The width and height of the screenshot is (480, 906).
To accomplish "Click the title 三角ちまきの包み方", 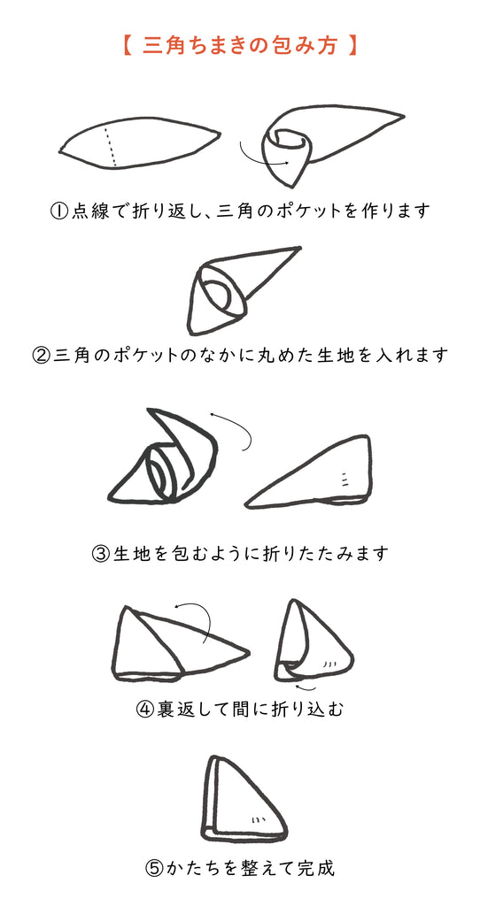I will [239, 45].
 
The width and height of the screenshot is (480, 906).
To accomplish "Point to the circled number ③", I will [100, 555].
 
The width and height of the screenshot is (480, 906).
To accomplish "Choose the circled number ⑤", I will [154, 868].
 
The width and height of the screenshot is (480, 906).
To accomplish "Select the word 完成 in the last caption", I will [316, 868].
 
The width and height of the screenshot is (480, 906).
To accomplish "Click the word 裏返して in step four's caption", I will [190, 710].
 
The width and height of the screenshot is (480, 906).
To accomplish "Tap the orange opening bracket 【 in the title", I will [125, 45].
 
